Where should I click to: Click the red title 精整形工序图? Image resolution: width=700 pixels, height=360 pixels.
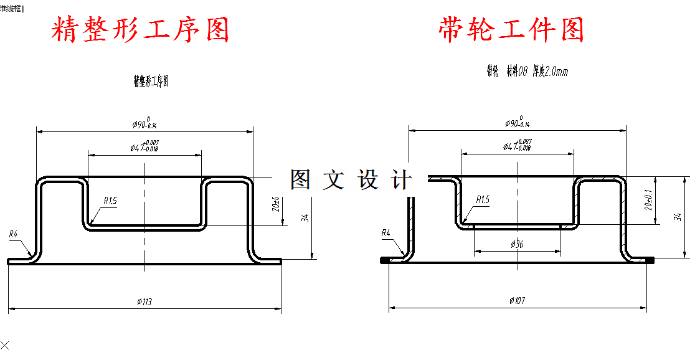(140, 29)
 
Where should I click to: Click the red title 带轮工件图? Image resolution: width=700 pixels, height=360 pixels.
(511, 29)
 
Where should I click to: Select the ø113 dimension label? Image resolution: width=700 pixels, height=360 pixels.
(144, 302)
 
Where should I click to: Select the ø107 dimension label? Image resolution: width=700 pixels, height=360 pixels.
(517, 301)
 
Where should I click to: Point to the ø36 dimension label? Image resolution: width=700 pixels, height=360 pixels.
(517, 245)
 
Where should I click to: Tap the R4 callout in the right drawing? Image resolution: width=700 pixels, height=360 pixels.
(386, 233)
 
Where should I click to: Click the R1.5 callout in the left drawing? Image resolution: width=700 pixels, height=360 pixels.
(110, 201)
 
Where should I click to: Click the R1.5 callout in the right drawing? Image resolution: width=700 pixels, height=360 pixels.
(483, 200)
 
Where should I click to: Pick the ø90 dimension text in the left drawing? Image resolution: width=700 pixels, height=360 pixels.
(144, 123)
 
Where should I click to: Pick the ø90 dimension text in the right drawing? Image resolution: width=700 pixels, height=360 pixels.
(517, 123)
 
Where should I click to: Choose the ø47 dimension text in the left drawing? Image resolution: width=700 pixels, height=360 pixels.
(144, 147)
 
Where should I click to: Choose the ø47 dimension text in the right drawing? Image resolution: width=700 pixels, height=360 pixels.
(517, 146)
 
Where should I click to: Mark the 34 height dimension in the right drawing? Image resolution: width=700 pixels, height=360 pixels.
(678, 217)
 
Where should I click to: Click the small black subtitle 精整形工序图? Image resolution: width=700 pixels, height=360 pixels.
(151, 81)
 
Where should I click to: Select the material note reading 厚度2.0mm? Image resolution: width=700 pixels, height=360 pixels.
(550, 72)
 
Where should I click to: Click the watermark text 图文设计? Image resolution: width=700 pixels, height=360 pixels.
(351, 180)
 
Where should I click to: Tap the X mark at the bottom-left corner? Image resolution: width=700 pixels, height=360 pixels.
(5, 344)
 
